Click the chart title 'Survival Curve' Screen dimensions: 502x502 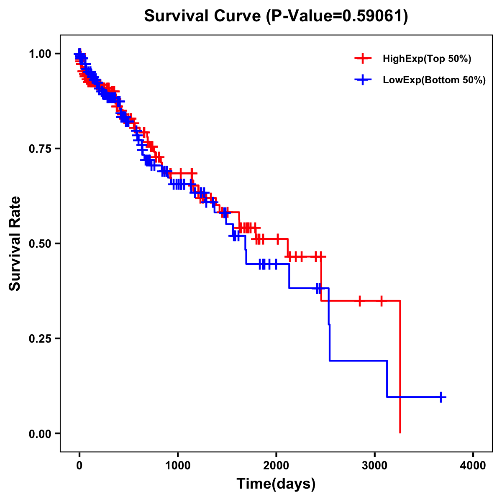coord(204,16)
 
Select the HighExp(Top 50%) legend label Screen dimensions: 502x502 coord(427,59)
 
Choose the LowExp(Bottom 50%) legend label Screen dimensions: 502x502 coord(434,80)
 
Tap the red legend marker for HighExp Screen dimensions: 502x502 coord(363,59)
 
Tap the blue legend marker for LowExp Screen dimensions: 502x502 coord(363,80)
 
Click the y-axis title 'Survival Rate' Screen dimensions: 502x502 coord(15,243)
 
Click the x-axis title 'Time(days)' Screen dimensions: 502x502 coord(276,484)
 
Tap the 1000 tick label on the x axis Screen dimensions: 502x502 coord(178,466)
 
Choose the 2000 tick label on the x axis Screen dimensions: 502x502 coord(276,466)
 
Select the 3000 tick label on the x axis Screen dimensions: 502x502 coord(375,466)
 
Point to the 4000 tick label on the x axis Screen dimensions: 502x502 coord(473,466)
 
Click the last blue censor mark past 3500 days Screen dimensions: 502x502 coord(441,397)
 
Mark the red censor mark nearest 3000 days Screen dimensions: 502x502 coord(382,301)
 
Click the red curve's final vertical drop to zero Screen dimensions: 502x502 coord(400,368)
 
